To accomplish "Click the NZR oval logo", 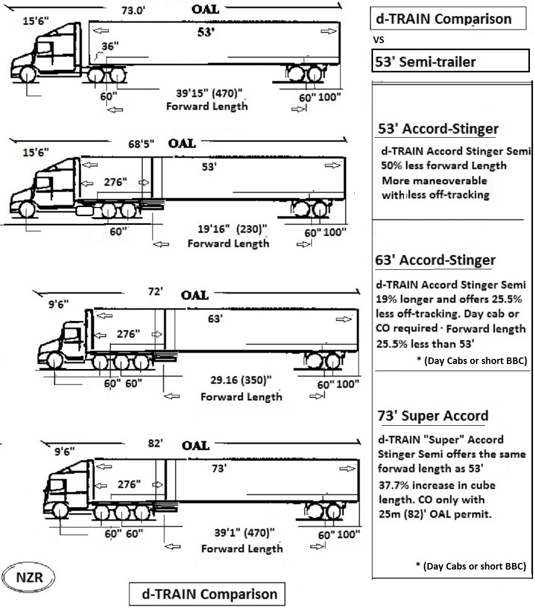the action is tap(28, 577).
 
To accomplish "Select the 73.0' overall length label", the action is tap(133, 11).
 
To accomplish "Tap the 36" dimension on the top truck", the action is tap(110, 46).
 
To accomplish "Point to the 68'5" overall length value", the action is tap(141, 144).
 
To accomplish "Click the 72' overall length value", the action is tap(155, 291).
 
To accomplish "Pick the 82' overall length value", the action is tap(155, 443).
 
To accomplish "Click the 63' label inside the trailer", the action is tap(215, 319).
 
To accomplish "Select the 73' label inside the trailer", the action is tap(219, 468).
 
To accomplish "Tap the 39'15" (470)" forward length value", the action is tap(209, 93).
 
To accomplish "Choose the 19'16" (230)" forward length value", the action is tap(232, 229).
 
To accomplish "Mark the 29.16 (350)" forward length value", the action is tap(240, 380).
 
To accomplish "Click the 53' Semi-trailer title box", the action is tap(450, 61).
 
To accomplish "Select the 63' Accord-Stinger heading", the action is tap(435, 260).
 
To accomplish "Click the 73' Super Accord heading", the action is tap(433, 416).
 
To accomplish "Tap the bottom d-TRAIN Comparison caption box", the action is tap(207, 594).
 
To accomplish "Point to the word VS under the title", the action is tap(379, 39).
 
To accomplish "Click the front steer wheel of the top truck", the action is tap(27, 74).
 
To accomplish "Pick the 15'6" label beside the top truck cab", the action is tap(36, 21).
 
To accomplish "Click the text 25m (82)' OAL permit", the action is tap(435, 514).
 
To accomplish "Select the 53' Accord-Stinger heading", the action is tap(438, 129).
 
